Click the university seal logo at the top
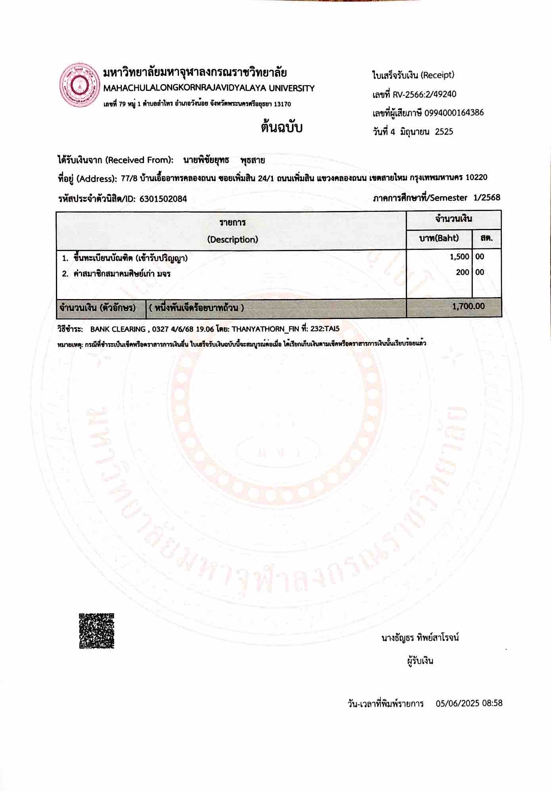coord(79,85)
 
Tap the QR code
coord(96,631)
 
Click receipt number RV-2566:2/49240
coord(424,94)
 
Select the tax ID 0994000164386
coord(454,113)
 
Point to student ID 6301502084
coord(163,199)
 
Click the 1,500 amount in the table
coord(459,257)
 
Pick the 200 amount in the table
coord(462,272)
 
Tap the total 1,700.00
coord(468,306)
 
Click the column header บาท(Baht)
coord(439,238)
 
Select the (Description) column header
coord(232,240)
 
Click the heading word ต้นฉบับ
coord(281,128)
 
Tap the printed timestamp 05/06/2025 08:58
coord(469,703)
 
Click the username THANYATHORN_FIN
coord(265,329)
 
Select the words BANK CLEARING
coord(118,329)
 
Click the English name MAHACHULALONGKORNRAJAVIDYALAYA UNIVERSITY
coord(209,88)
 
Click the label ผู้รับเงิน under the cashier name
coord(420,661)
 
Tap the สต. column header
coord(486,238)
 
